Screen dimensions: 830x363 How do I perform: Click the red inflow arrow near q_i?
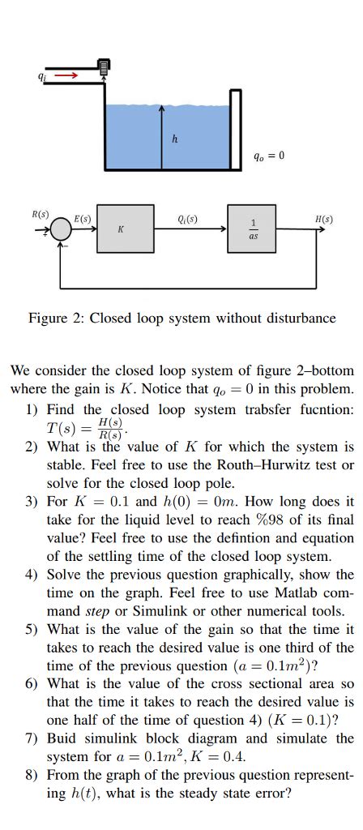tap(66, 76)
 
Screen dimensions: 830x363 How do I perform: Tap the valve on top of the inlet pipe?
tap(104, 67)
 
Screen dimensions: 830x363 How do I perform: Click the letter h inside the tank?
tap(174, 138)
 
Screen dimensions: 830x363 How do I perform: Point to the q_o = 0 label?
tap(268, 155)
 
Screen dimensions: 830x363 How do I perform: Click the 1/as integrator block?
tap(254, 229)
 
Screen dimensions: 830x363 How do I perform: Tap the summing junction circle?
tap(61, 230)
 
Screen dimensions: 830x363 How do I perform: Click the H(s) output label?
tap(323, 219)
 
